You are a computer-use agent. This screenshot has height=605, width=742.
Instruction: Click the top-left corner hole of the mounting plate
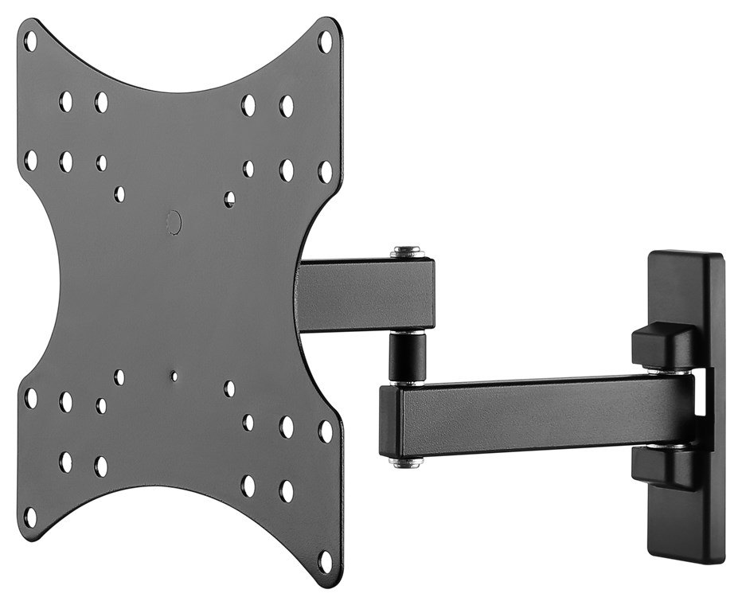coord(30,41)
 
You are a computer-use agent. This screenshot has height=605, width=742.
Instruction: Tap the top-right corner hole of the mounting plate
coord(325,41)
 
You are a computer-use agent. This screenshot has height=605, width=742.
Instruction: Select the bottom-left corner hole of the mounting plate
coord(30,516)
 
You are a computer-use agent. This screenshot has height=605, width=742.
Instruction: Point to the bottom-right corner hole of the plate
coord(325,560)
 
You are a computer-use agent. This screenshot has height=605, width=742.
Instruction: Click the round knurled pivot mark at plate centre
coord(174,222)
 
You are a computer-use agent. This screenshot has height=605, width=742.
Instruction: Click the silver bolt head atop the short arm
coord(406,252)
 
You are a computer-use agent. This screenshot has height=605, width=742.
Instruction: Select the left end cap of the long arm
coord(390,422)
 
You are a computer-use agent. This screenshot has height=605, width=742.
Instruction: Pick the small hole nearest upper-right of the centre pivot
coord(229,198)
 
